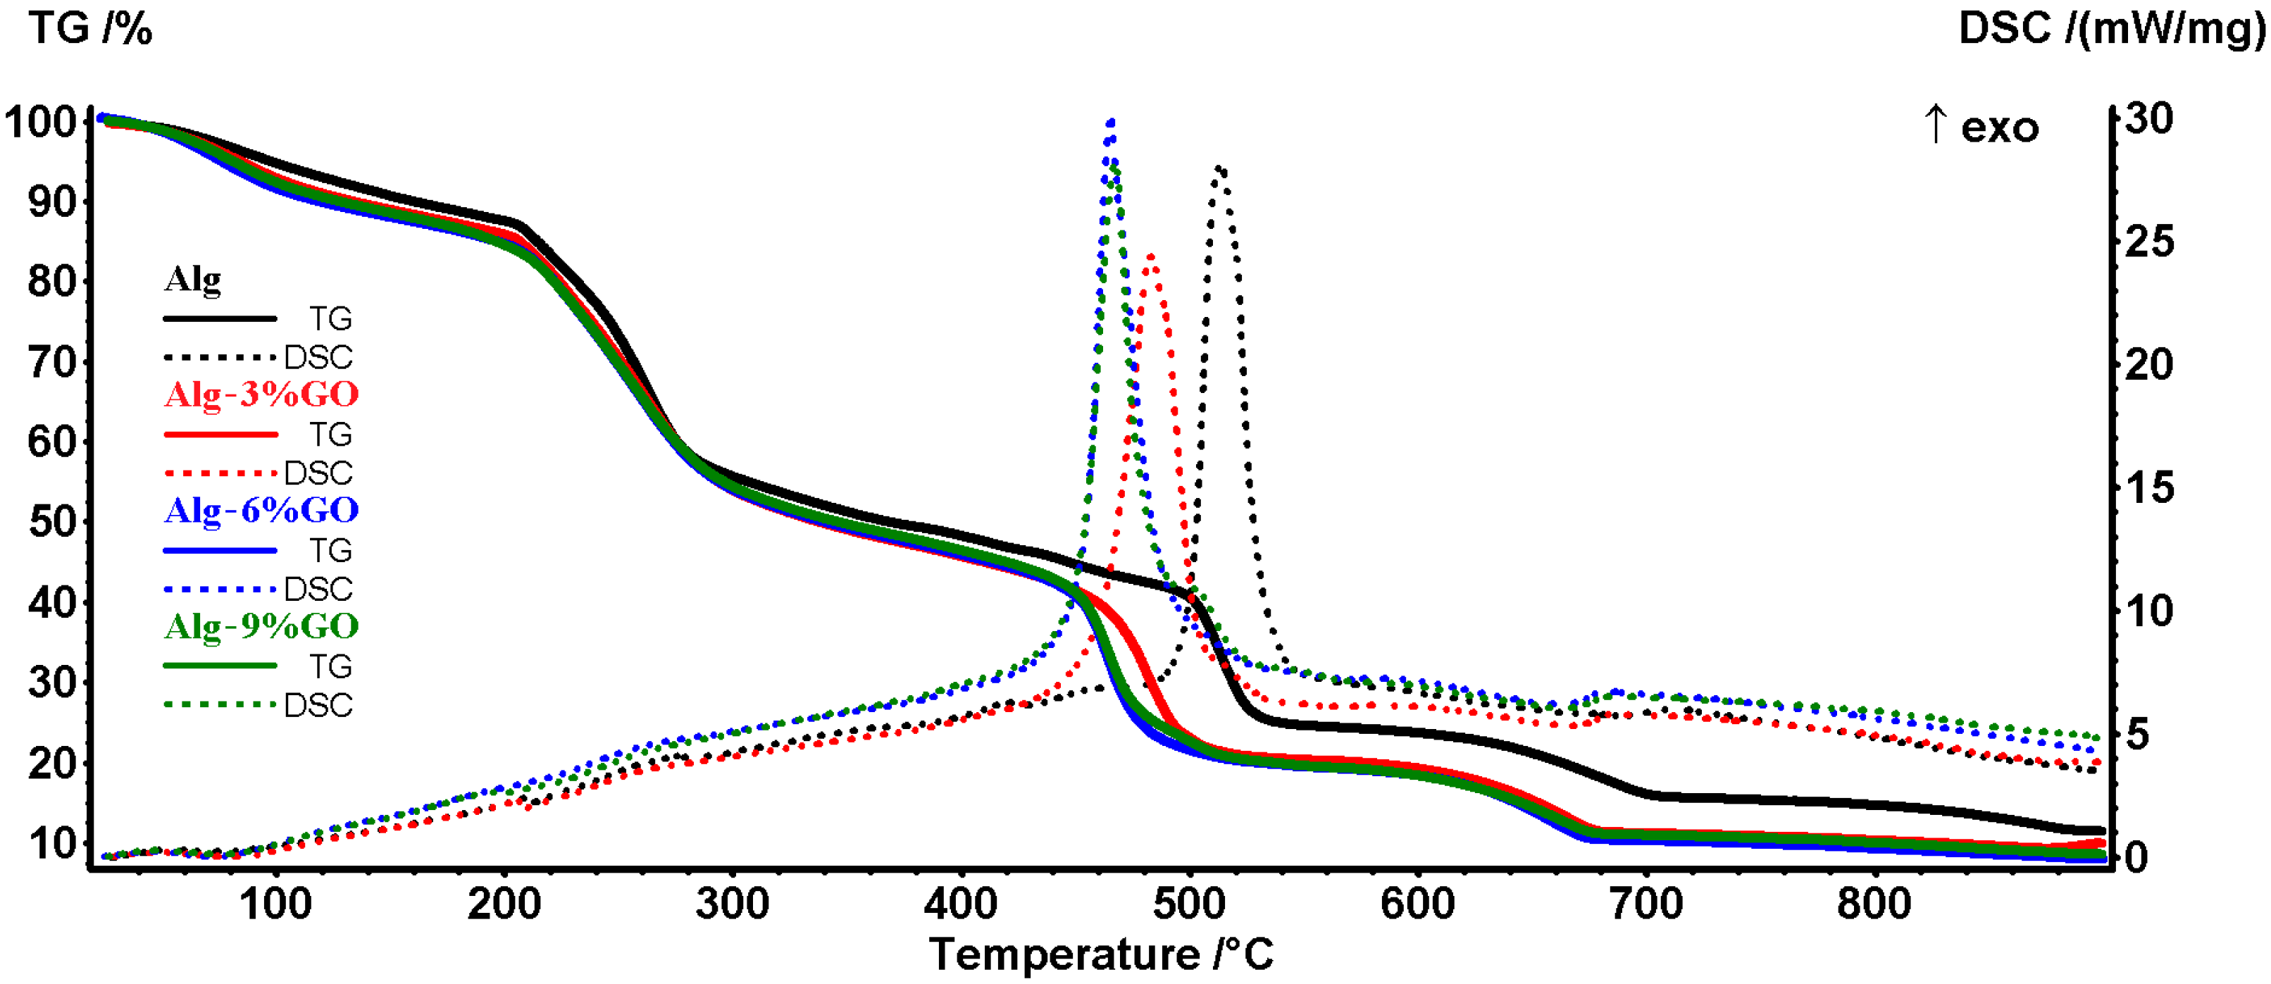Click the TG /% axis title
(x=91, y=28)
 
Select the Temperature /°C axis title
(x=1101, y=954)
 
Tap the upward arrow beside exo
(x=1935, y=123)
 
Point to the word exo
(x=2001, y=129)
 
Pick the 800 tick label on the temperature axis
(x=1874, y=904)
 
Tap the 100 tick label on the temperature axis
(x=276, y=904)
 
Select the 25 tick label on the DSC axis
(x=2149, y=242)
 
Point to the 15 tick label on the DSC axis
(x=2149, y=487)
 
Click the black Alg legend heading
(x=192, y=280)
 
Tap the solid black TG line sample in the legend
(x=220, y=318)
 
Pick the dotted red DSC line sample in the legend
(x=220, y=473)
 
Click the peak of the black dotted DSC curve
(x=1219, y=168)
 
